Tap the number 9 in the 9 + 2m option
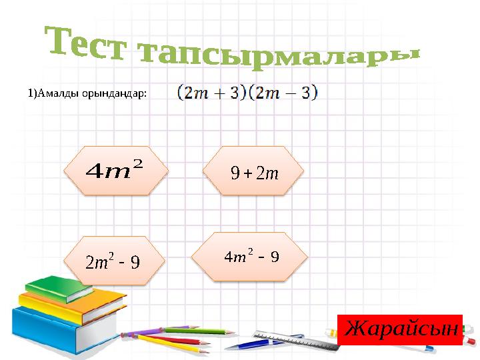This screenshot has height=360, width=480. point(234,175)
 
